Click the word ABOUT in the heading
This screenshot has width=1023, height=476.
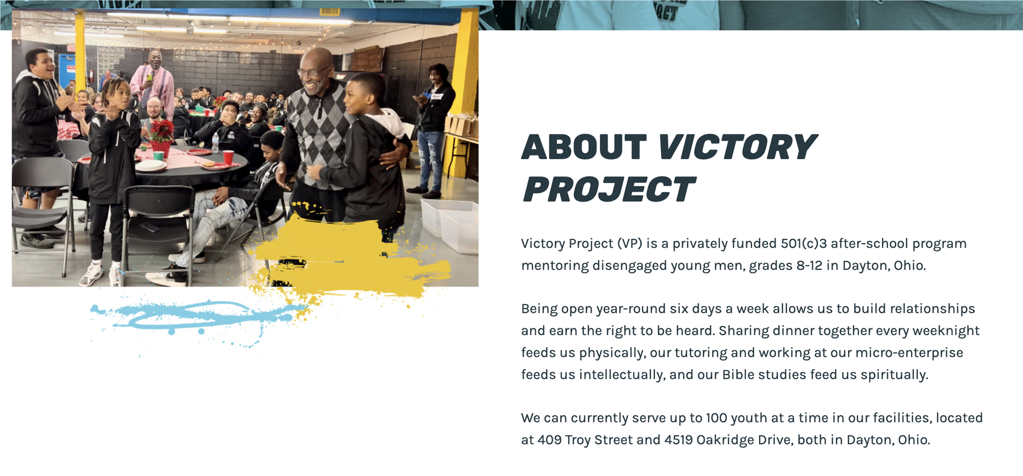tap(584, 147)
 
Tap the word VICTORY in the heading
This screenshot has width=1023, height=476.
tap(737, 147)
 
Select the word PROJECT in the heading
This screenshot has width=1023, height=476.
tap(609, 189)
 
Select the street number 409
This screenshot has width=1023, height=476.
tap(549, 440)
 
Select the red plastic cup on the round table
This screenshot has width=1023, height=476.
tap(228, 157)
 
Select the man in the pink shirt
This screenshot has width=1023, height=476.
tap(153, 85)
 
